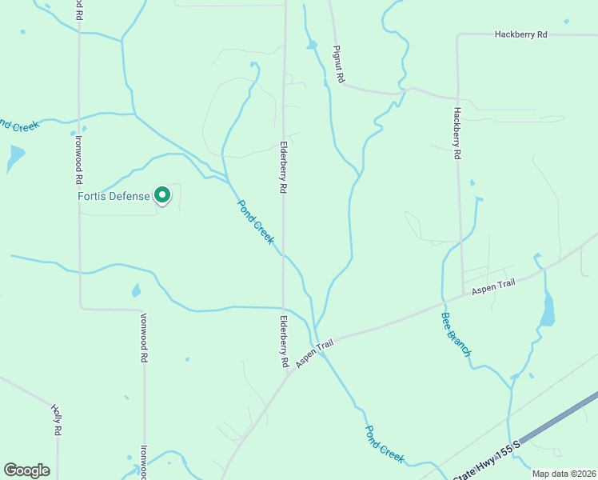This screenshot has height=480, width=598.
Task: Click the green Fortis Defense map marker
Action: coord(162,194)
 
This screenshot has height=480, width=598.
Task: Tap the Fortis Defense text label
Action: coord(114,196)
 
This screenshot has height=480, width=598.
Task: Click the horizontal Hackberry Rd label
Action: coord(520,34)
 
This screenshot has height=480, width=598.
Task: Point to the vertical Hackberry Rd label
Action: coord(457,132)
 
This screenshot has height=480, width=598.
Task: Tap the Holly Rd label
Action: coord(57,418)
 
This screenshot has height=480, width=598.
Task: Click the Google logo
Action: coord(26,470)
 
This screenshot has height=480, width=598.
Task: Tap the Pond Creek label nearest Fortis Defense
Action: coord(256,222)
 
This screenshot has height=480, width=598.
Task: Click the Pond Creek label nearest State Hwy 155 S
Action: coord(385,443)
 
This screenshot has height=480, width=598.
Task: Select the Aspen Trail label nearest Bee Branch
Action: coord(494,287)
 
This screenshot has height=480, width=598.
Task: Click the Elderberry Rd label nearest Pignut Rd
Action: coord(282,168)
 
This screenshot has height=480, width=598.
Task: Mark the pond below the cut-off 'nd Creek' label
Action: coord(14,158)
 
